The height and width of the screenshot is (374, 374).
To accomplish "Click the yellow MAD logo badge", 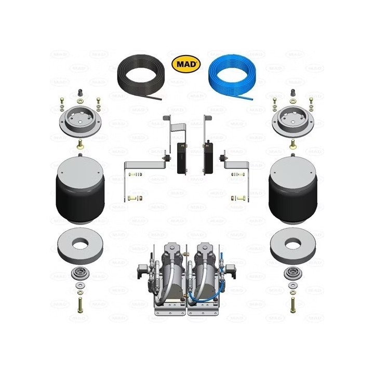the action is point(186,64).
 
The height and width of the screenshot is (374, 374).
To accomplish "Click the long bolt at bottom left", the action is point(80,305).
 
